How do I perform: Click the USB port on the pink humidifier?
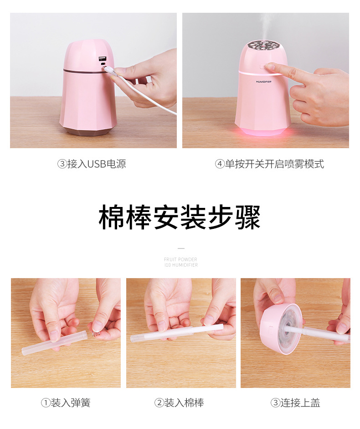102,59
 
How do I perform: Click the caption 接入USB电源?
97,164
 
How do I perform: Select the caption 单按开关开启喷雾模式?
275,164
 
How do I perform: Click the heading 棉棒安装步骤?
180,218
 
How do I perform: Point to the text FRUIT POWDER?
181,259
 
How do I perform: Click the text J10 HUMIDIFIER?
181,265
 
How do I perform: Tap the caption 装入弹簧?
71,403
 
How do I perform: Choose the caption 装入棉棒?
184,403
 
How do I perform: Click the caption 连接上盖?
300,403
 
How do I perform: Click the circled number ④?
219,164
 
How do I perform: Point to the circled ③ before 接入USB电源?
62,164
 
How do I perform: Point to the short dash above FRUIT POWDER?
181,248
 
